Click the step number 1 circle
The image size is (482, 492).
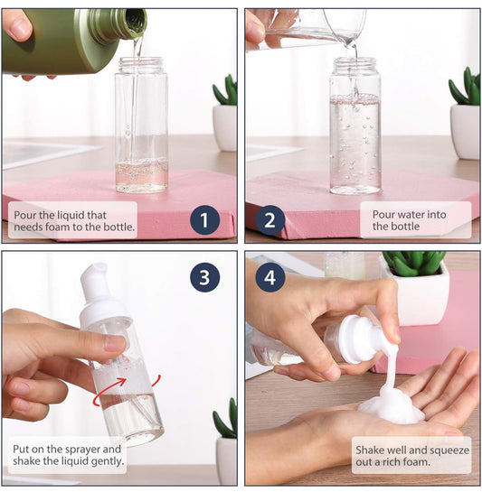(x=204, y=219)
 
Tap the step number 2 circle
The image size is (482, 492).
(x=270, y=219)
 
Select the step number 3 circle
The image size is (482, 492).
(x=204, y=277)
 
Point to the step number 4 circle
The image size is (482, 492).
(x=270, y=277)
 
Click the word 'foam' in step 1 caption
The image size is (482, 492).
(x=58, y=227)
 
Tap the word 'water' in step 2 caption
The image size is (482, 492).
(x=414, y=215)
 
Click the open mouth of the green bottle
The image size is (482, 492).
(x=136, y=21)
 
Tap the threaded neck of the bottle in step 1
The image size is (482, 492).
(x=141, y=64)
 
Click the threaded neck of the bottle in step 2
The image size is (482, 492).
(x=355, y=65)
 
